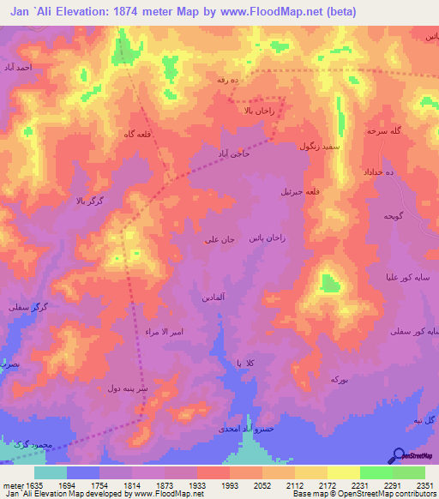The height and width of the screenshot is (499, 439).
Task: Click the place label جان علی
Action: coord(219,240)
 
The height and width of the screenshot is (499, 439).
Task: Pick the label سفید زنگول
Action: coord(320,147)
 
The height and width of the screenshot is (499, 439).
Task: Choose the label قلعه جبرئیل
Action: coord(300,192)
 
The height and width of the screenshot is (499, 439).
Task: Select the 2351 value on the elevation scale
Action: coord(424,484)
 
